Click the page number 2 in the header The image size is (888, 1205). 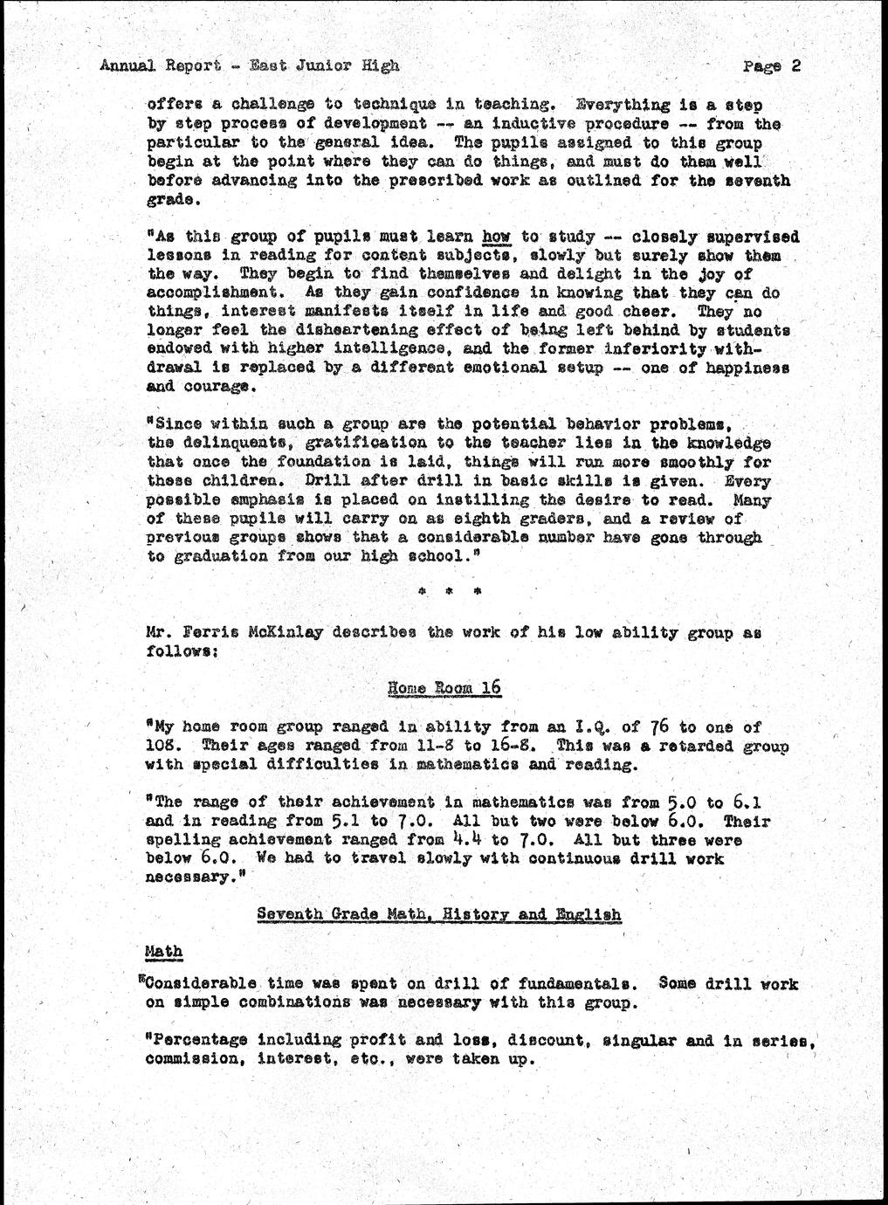795,65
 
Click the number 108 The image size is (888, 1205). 163,746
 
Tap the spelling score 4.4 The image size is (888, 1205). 456,840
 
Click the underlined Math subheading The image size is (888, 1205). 162,951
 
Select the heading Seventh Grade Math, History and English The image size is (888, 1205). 438,914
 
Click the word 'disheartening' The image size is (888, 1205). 322,331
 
